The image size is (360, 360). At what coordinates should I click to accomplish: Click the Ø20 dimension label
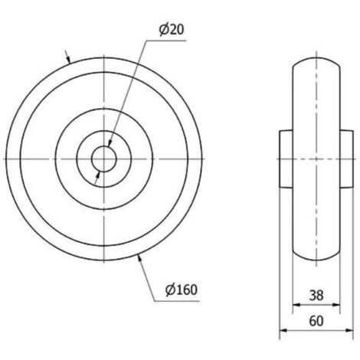(172, 30)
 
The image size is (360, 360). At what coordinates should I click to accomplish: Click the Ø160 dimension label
(182, 290)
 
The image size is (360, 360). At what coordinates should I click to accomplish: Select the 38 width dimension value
(316, 296)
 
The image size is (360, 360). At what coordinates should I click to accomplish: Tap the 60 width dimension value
(316, 321)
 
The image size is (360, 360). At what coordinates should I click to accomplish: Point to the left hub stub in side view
(286, 159)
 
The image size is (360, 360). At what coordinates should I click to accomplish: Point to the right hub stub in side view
(347, 159)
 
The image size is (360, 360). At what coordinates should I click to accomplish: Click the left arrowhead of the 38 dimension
(296, 305)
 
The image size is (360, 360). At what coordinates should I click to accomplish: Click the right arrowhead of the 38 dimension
(336, 305)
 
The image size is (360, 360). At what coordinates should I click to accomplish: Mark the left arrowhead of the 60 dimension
(283, 330)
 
